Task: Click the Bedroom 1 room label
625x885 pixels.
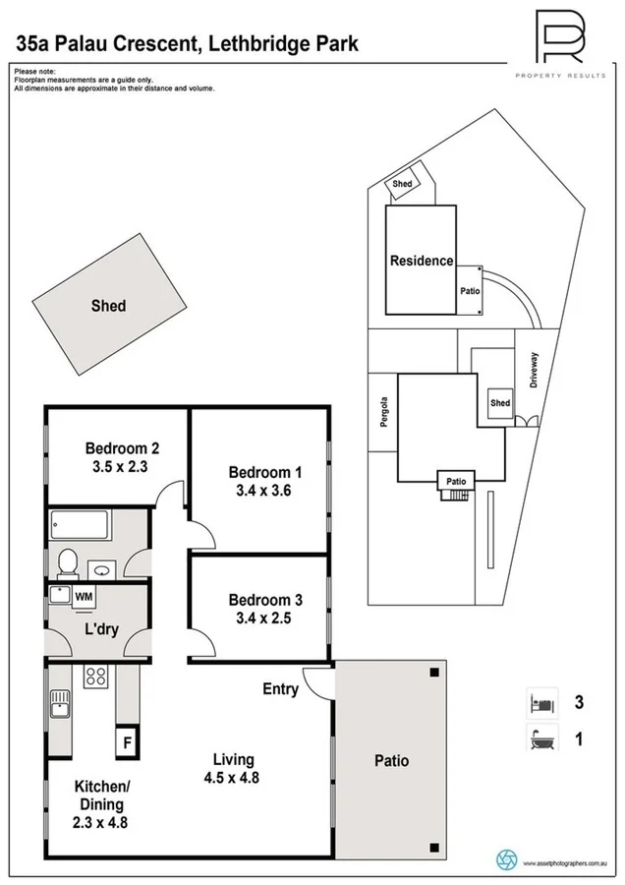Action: click(259, 471)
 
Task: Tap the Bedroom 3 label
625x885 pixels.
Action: click(259, 600)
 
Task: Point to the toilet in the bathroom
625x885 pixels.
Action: click(68, 561)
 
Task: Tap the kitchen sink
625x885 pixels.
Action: click(59, 704)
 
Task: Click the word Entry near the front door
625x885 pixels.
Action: click(280, 689)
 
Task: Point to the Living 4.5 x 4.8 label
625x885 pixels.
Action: click(234, 768)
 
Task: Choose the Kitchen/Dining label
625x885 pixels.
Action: click(101, 795)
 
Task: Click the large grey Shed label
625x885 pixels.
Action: click(108, 306)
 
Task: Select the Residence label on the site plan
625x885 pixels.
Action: click(422, 261)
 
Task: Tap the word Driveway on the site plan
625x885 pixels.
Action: click(535, 372)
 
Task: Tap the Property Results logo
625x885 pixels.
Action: click(560, 39)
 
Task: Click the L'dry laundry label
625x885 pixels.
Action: click(101, 629)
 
